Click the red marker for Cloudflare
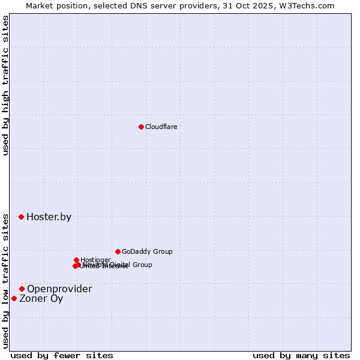[141, 127]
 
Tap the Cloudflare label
[161, 127]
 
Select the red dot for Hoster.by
[21, 217]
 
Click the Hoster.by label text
[49, 217]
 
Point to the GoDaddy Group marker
[118, 251]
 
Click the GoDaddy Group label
[147, 252]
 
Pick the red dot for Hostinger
[76, 260]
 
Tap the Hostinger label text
[95, 260]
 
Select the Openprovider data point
[22, 289]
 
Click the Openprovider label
[59, 289]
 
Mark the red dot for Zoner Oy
[14, 298]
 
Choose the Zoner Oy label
[41, 299]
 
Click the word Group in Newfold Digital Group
[142, 265]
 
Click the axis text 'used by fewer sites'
[62, 355]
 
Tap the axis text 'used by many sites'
[301, 355]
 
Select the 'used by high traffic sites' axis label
[6, 85]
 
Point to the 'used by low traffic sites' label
[6, 280]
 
